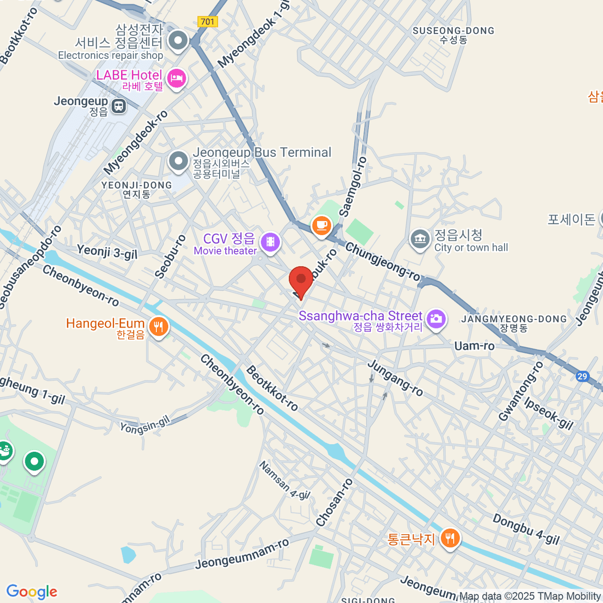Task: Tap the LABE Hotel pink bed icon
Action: click(176, 79)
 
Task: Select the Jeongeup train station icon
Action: click(119, 106)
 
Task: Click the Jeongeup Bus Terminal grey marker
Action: click(178, 161)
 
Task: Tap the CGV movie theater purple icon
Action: click(271, 243)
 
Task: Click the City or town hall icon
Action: click(420, 240)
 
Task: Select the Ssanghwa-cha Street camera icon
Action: click(436, 319)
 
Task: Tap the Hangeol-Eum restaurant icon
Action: click(158, 327)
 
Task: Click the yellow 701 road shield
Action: click(208, 22)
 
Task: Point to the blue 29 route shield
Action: click(582, 376)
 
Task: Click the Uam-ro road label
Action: click(474, 346)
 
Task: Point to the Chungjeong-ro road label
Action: click(383, 262)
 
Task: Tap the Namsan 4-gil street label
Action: click(284, 480)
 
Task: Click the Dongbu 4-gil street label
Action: click(526, 529)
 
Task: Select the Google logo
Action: click(32, 591)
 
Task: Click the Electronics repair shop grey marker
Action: click(177, 41)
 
